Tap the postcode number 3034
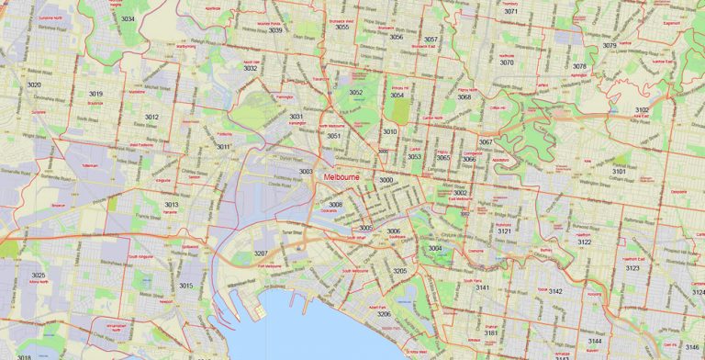[128, 18]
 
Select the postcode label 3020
[34, 84]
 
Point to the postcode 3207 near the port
[261, 253]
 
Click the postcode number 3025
[38, 276]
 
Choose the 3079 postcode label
[610, 45]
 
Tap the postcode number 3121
[504, 231]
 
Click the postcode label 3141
[482, 288]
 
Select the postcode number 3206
[384, 314]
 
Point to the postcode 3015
[185, 286]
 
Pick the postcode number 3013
[172, 205]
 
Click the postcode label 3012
[151, 117]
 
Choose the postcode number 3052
[355, 93]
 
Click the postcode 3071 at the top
[511, 11]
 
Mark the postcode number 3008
[336, 205]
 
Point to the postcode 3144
[595, 341]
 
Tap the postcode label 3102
[643, 109]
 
